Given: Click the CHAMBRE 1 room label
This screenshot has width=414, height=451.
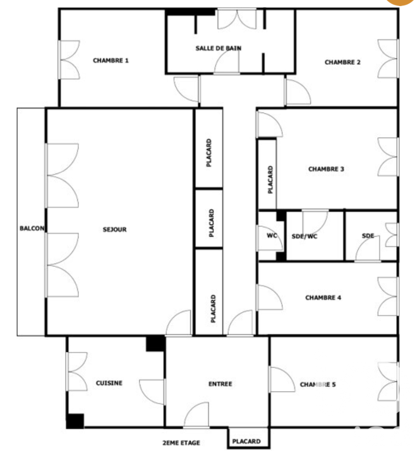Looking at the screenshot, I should [111, 60].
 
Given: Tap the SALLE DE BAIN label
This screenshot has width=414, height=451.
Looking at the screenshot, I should [218, 48].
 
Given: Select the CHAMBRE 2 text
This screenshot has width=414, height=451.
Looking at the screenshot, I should [342, 62].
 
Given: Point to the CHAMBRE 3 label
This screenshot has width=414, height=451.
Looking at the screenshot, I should [326, 169].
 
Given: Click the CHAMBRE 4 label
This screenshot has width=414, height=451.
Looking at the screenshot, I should [323, 297].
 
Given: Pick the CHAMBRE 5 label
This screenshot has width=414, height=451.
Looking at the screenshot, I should [318, 384].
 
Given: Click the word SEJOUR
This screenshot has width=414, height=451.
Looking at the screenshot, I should [115, 230].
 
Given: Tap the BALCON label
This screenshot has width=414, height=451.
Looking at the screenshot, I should [32, 228].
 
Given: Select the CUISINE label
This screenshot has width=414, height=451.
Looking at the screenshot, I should [109, 383].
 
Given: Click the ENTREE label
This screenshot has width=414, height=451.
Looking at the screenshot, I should [220, 384].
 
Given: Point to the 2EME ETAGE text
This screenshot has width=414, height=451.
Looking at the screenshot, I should [181, 442].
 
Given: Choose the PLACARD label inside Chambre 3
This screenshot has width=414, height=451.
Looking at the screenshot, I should [270, 180].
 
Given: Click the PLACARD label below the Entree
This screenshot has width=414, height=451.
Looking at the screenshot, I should [246, 441].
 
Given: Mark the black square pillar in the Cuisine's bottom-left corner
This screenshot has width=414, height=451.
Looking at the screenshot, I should [75, 421].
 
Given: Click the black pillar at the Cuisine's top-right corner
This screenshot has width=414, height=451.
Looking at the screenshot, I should [156, 343].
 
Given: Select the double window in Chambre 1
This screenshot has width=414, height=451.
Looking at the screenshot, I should [69, 60].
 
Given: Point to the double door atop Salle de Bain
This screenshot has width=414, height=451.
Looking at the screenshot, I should [237, 19].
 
